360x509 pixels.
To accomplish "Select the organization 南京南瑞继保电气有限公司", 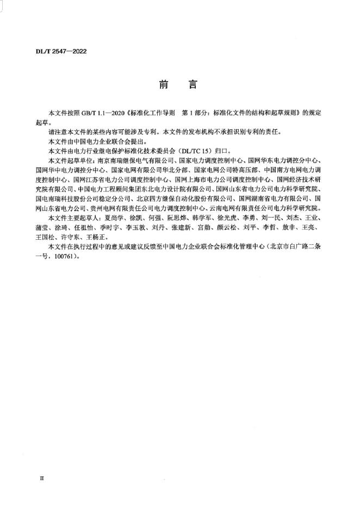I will [134, 160].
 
